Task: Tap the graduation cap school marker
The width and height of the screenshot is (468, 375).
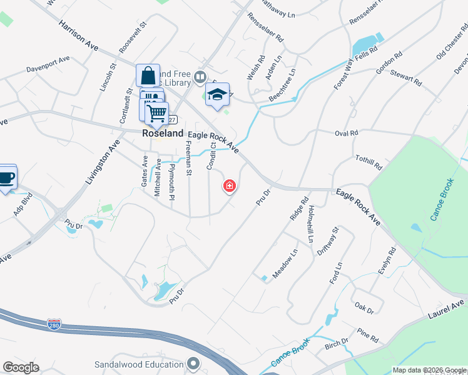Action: pos(217,95)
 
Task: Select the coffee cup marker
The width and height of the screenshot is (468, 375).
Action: pos(6,177)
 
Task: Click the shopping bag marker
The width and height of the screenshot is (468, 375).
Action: pos(148,76)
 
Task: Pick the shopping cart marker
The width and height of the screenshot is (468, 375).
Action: pos(157,114)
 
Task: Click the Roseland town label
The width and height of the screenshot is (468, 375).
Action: pos(163,134)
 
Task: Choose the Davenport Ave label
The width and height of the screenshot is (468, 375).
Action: pos(48,64)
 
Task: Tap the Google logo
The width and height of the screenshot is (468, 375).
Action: pos(21,367)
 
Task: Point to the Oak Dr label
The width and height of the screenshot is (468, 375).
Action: pos(364,307)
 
